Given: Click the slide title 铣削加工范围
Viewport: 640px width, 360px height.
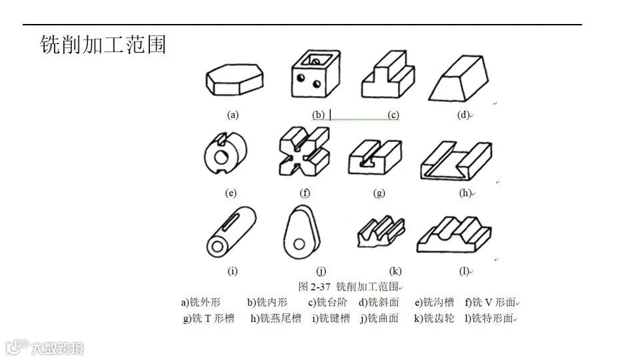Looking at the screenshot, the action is pyautogui.click(x=103, y=45).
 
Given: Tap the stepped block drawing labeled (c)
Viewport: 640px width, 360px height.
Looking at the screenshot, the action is pyautogui.click(x=386, y=77).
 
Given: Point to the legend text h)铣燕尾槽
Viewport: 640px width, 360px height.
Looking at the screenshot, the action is pyautogui.click(x=276, y=318).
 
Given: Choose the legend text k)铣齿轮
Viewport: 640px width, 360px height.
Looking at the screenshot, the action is pyautogui.click(x=434, y=318).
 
